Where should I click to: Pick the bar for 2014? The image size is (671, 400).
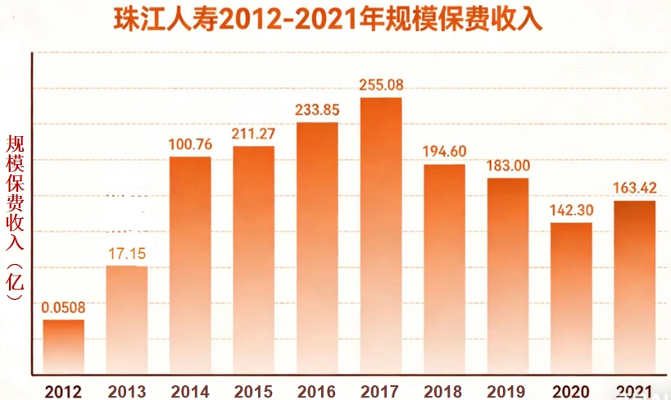190,262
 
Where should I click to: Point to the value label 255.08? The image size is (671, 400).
381,85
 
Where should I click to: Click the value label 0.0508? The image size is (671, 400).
63,308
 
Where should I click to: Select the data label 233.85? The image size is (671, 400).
317,110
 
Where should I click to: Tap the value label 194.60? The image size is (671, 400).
444,152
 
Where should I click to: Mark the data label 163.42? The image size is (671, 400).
634,189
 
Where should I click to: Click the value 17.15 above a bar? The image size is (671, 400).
127,254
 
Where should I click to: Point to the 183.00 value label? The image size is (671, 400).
508,166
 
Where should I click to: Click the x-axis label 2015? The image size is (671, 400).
253,390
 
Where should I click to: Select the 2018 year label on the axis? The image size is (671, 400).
444,390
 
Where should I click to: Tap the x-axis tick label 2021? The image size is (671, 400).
634,390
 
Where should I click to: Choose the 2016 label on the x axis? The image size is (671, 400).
317,390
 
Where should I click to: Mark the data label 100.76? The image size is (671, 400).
190,144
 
